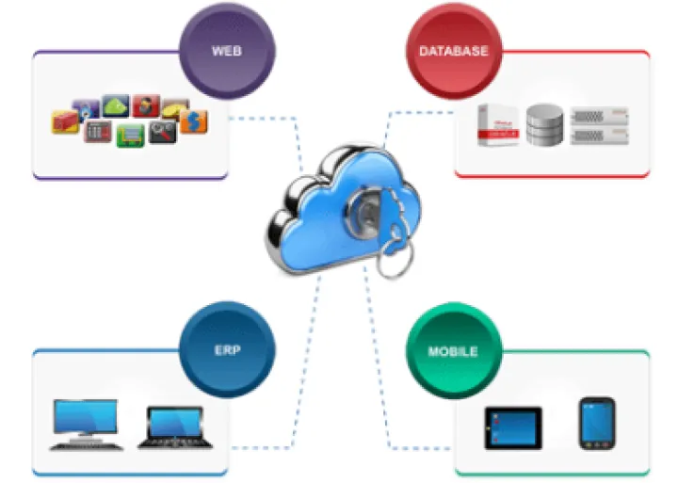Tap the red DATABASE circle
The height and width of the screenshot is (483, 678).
click(x=453, y=50)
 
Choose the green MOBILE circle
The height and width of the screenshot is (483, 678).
click(x=453, y=351)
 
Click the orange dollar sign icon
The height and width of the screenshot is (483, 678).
click(x=194, y=121)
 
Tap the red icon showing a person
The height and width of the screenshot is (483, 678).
click(x=144, y=105)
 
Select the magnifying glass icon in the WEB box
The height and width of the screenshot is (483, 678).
click(x=161, y=134)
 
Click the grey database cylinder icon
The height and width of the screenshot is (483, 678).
click(x=543, y=124)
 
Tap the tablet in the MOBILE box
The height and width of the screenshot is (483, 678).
click(x=512, y=427)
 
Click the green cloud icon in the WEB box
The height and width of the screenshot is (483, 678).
click(x=115, y=105)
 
